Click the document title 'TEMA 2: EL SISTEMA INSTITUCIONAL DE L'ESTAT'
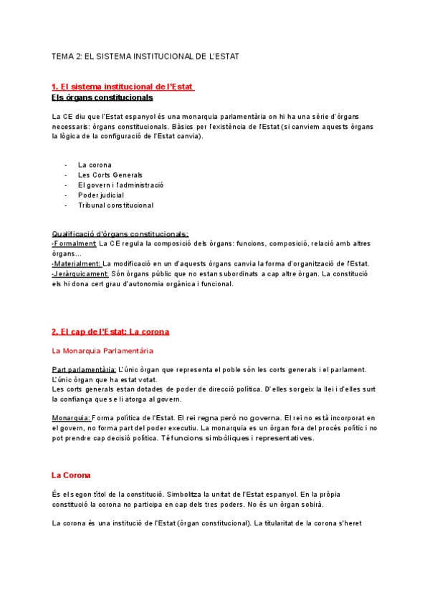click(145, 55)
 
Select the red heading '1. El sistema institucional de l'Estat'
click(123, 87)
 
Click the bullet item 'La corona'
click(95, 165)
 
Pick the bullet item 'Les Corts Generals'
click(110, 175)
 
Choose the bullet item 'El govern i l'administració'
click(120, 185)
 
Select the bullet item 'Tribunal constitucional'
click(115, 205)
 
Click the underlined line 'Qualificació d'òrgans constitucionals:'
click(120, 233)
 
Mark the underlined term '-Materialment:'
click(77, 263)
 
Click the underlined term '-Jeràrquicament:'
click(80, 273)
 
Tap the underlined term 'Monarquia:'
click(70, 417)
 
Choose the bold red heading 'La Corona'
click(71, 475)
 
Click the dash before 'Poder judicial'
click(66, 195)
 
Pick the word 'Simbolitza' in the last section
click(183, 493)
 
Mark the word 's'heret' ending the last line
click(352, 523)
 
